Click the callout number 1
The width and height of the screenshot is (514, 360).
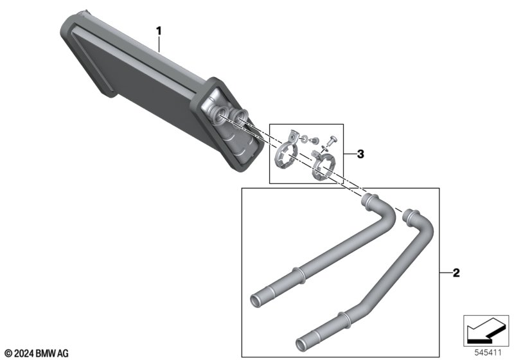pyautogui.click(x=159, y=31)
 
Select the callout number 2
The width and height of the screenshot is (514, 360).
pyautogui.click(x=456, y=273)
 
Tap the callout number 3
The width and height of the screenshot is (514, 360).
pyautogui.click(x=360, y=154)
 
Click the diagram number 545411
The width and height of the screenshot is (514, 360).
pyautogui.click(x=488, y=353)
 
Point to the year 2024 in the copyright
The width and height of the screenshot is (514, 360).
pyautogui.click(x=24, y=354)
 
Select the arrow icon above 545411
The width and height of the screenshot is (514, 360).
pyautogui.click(x=486, y=330)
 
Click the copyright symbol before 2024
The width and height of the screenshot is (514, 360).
pyautogui.click(x=9, y=354)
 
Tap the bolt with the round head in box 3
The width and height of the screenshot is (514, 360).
pyautogui.click(x=332, y=140)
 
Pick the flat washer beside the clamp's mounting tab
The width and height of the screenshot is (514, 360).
pyautogui.click(x=305, y=139)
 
